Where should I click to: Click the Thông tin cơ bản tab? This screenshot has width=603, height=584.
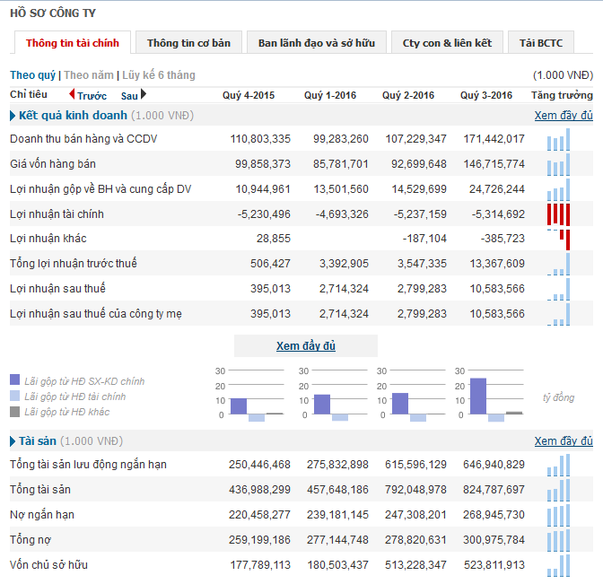click(188, 43)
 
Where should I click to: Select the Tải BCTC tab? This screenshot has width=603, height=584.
click(540, 43)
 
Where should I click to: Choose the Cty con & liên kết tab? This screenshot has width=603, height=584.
click(447, 43)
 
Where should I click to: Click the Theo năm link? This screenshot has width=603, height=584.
click(89, 75)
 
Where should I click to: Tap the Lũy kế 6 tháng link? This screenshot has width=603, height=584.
click(159, 75)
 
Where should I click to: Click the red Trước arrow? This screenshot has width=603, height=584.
click(73, 94)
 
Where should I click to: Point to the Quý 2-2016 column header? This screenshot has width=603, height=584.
click(408, 95)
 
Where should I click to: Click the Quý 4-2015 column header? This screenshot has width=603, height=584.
click(249, 95)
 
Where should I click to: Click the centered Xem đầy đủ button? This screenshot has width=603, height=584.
click(305, 346)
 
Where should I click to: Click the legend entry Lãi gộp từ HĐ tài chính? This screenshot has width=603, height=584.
click(75, 397)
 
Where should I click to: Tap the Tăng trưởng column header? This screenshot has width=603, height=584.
click(562, 95)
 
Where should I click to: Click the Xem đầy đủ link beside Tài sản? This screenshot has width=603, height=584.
click(564, 441)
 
